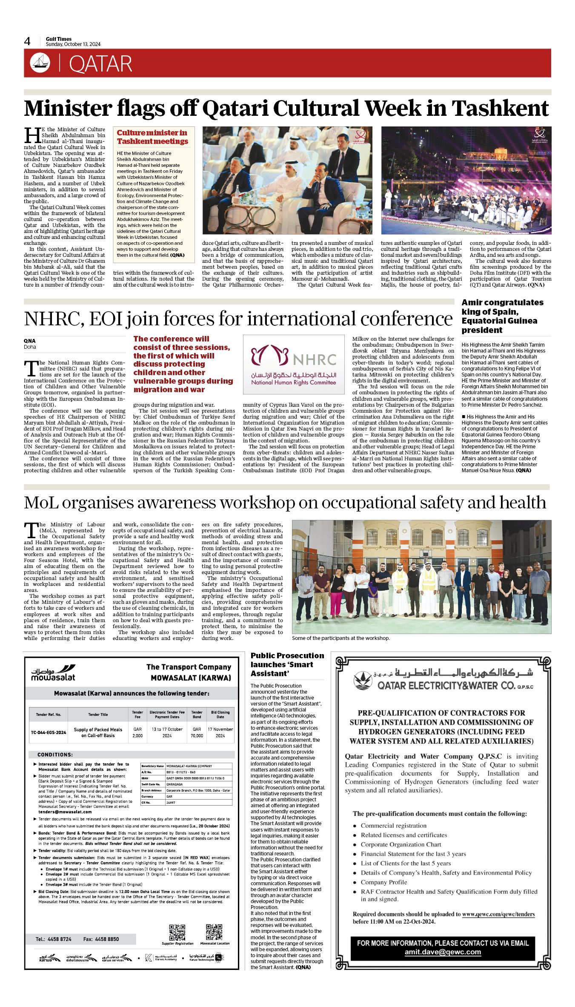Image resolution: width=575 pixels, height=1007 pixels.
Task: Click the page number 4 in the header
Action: coord(27,41)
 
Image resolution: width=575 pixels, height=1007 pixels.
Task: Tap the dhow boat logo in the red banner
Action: coord(40,63)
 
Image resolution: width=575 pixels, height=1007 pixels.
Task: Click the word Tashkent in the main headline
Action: coord(500,108)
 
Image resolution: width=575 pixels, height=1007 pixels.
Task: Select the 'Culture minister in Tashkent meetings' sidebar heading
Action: coord(152,137)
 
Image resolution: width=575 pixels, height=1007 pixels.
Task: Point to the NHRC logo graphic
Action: coord(293,364)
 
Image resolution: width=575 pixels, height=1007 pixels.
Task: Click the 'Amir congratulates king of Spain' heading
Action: coord(502,316)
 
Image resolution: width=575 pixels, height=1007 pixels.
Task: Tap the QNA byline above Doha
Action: coord(30,341)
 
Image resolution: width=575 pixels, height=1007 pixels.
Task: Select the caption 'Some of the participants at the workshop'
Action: coord(340,638)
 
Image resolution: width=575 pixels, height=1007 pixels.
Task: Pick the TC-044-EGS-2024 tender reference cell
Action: coord(49,732)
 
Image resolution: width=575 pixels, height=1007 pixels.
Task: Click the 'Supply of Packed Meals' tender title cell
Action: coord(98,732)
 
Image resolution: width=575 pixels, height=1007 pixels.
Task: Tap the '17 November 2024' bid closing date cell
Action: coord(220,732)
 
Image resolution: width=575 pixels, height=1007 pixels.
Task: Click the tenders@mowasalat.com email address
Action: coord(65,812)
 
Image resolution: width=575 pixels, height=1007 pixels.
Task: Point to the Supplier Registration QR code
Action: coord(177,932)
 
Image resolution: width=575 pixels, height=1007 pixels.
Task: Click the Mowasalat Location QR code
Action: coord(214,932)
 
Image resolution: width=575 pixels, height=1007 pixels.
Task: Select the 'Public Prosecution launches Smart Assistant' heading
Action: coord(287,664)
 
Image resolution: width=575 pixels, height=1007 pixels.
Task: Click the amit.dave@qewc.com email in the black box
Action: coord(443,952)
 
